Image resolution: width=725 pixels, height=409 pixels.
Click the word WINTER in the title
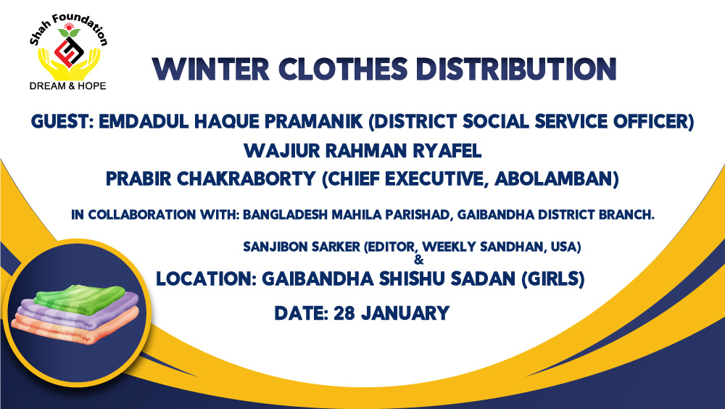coord(211,70)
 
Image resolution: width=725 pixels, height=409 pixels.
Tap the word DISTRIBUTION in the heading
coord(516,70)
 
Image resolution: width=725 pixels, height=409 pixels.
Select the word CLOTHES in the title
coord(343,70)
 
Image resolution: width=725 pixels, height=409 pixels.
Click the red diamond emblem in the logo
coord(69,51)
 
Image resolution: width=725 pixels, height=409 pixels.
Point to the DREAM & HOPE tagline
coord(68,86)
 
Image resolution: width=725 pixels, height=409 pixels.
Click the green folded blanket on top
coord(80,299)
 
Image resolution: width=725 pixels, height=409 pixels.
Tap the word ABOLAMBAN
coord(557,178)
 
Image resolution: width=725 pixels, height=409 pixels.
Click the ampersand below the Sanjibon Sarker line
coord(419,260)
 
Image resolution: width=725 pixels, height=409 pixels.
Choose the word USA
coord(565,247)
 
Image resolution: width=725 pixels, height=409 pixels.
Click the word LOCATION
coord(206,278)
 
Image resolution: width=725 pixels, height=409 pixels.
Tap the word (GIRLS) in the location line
coord(553,278)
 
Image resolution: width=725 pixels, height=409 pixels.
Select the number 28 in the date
coord(344,313)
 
